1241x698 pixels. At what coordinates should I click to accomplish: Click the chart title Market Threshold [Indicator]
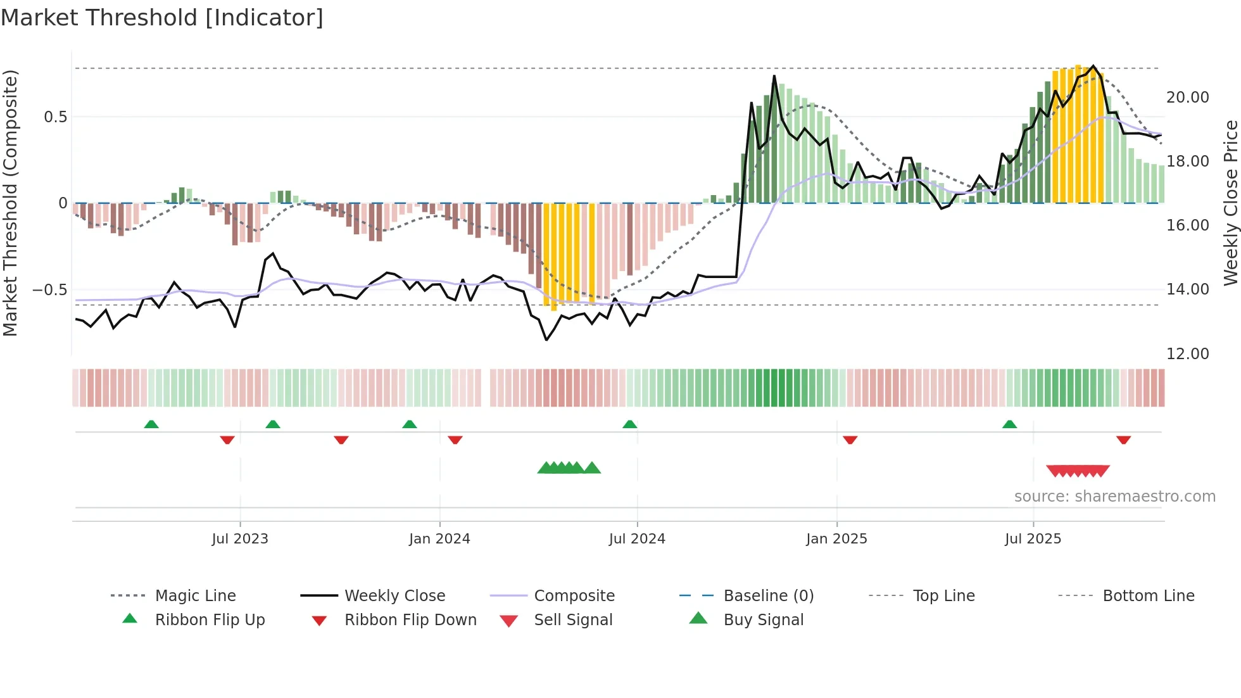(162, 18)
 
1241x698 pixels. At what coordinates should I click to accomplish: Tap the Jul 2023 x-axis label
(240, 539)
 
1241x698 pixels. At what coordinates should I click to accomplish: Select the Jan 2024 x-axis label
(439, 539)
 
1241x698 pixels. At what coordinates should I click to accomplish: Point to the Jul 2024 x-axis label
(637, 539)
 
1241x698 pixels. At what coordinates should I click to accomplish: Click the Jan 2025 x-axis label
(836, 539)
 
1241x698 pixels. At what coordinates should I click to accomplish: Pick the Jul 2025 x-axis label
(1033, 539)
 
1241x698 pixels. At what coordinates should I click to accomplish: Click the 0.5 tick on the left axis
(56, 117)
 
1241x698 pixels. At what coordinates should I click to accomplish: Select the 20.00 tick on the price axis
(1188, 98)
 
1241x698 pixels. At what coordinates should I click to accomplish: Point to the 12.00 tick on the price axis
(1188, 354)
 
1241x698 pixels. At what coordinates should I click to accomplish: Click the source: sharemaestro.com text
(1115, 497)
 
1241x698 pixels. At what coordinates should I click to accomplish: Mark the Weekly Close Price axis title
(1230, 203)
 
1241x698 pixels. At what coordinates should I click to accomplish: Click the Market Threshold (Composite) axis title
(10, 203)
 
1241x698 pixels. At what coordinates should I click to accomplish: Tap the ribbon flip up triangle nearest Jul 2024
(629, 424)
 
